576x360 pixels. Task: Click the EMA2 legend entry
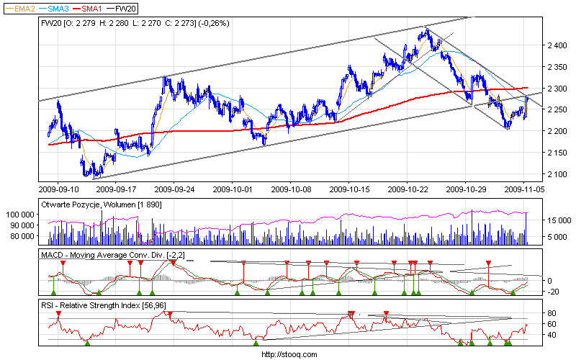22,8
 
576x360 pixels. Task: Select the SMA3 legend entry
58,8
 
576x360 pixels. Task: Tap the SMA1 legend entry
92,8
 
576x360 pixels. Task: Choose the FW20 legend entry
125,8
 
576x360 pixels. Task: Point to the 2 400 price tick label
557,45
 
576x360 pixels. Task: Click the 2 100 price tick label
557,174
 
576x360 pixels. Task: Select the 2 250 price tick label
557,109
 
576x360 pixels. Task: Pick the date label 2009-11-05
523,191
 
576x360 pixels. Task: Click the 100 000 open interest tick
22,215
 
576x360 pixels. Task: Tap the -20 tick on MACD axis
553,292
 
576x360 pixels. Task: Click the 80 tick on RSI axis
552,314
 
